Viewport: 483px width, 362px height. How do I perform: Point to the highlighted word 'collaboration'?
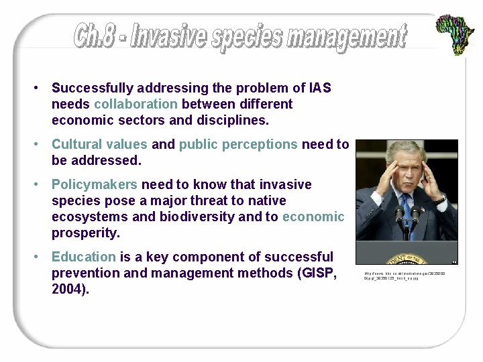136,105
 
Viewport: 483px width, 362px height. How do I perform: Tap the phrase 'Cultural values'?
99,144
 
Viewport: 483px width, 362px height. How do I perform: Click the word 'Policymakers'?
94,184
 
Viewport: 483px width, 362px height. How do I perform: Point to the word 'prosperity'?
85,233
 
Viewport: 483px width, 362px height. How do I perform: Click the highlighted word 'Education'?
84,257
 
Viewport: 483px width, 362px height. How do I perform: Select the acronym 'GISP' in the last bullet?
318,274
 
